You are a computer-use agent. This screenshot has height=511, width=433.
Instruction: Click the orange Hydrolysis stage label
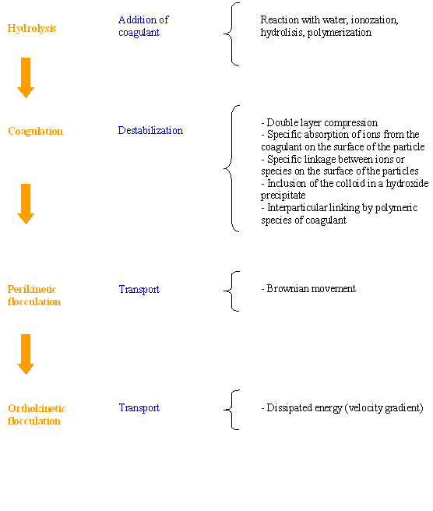(32, 28)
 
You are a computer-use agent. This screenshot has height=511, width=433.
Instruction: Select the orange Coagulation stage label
(35, 131)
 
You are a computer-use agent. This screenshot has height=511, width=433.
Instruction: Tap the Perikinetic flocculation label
(34, 295)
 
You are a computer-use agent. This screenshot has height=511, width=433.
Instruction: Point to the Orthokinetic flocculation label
(37, 414)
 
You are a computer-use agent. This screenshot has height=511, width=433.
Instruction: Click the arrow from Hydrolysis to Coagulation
(26, 78)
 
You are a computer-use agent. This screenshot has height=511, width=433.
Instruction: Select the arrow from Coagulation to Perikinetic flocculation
(26, 203)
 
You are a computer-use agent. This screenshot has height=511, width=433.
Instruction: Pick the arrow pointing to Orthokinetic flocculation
(26, 354)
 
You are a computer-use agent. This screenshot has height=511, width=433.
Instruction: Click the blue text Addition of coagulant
(143, 26)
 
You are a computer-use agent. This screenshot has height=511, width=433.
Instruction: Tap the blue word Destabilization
(150, 130)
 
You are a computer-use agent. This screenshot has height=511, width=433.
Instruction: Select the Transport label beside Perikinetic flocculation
(139, 290)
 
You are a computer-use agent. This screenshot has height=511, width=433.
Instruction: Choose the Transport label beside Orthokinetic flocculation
(139, 407)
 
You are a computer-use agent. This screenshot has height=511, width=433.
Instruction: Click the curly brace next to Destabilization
(231, 168)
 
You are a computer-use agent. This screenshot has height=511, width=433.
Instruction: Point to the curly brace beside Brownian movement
(231, 291)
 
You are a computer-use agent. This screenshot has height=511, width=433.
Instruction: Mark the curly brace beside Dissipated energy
(231, 410)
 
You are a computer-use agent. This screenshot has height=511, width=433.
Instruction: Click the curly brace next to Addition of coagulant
(231, 34)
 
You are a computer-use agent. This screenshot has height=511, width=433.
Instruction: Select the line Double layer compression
(319, 122)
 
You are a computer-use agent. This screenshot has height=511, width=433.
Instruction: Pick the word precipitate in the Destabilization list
(283, 196)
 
